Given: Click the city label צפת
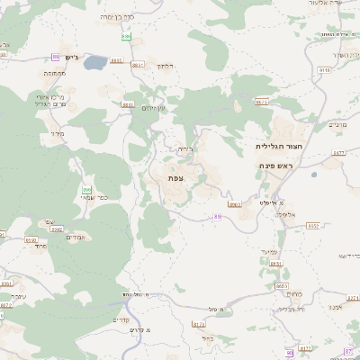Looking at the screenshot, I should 175,179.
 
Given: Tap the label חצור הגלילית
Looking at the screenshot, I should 276,146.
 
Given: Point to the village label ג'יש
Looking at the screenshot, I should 72,57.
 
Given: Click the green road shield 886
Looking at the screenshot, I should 127,37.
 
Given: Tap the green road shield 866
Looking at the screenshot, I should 87,190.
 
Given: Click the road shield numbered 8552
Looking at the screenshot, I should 312,226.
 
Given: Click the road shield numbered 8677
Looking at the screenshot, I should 338,153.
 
